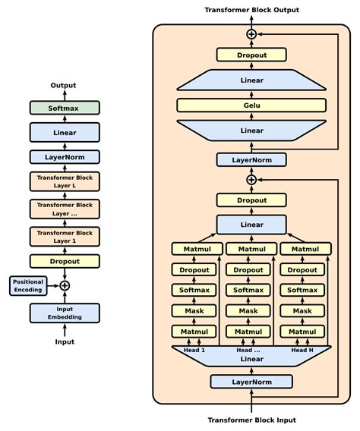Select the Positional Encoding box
pos(28,285)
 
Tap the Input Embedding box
pos(65,312)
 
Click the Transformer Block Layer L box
pos(65,182)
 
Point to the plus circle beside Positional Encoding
pos(65,285)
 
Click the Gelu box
pos(251,105)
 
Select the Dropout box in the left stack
pos(65,260)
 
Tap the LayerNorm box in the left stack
pos(65,157)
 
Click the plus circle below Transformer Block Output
pos(251,34)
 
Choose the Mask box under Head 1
pos(194,310)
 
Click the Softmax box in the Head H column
pos(305,290)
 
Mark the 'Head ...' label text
pos(249,351)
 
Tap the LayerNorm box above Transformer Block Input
pos(251,381)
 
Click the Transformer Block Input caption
pos(251,420)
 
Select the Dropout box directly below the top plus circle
pos(251,55)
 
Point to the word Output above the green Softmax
pos(65,86)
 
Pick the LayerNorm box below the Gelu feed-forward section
pos(251,159)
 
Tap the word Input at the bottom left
pos(65,342)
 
